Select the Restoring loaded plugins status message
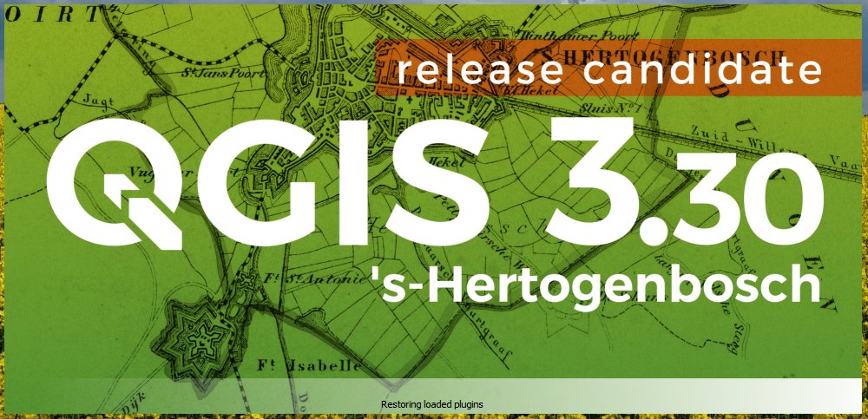pyautogui.click(x=431, y=404)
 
